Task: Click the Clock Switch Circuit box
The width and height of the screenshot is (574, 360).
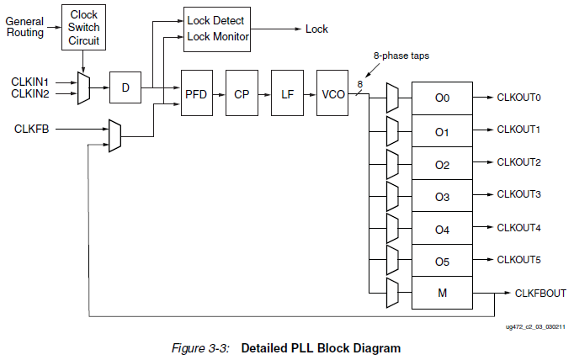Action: coord(83,27)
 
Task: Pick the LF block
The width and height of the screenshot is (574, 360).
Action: coord(287,94)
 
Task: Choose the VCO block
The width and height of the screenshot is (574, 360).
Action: coord(332,94)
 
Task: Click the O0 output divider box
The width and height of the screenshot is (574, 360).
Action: coord(442,98)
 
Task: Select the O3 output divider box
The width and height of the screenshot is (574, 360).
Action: coord(442,196)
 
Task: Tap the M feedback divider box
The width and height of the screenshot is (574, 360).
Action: coord(442,294)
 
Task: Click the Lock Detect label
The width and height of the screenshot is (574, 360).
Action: coord(215,19)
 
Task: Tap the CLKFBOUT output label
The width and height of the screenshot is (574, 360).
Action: coord(540,293)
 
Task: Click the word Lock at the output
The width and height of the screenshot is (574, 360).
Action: coord(316,29)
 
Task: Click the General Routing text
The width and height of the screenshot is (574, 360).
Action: coord(25,26)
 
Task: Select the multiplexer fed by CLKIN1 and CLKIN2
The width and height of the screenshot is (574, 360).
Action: coord(82,88)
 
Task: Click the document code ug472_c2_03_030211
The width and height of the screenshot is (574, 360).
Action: coord(534,326)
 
